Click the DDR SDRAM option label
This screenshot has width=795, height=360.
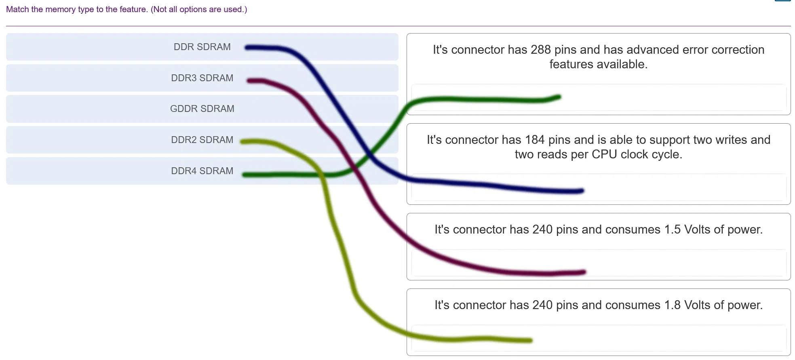pyautogui.click(x=202, y=47)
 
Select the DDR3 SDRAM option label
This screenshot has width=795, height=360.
pyautogui.click(x=202, y=78)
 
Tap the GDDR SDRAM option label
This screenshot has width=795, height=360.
pyautogui.click(x=202, y=109)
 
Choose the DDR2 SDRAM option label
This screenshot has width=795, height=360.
pyautogui.click(x=202, y=140)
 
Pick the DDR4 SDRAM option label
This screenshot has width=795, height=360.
pyautogui.click(x=202, y=171)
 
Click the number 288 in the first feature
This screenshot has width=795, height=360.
pyautogui.click(x=541, y=50)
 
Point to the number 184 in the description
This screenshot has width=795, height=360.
pyautogui.click(x=535, y=140)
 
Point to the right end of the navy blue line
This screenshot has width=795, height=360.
pyautogui.click(x=582, y=191)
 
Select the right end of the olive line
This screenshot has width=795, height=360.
pyautogui.click(x=530, y=341)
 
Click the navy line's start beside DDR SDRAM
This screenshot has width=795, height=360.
pyautogui.click(x=247, y=48)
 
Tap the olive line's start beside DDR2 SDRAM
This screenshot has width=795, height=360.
pyautogui.click(x=242, y=142)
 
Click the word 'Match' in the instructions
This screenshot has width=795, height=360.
pyautogui.click(x=17, y=9)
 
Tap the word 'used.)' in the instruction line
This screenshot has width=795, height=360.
pyautogui.click(x=236, y=9)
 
